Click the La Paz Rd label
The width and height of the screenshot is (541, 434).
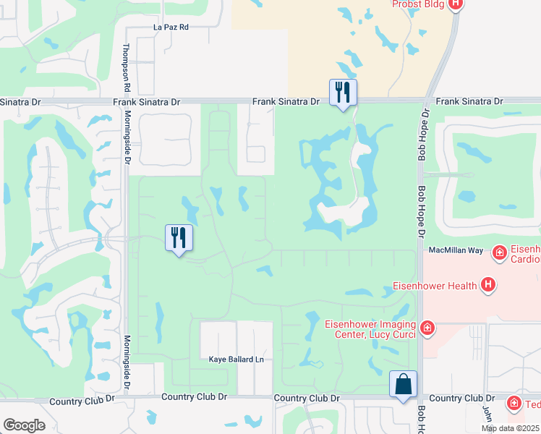tap(171, 27)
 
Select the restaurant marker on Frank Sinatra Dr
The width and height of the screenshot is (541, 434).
tap(343, 93)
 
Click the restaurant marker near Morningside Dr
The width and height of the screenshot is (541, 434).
tap(179, 238)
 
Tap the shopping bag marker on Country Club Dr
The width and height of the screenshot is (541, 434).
tap(403, 383)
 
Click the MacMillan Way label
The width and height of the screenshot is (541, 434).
tap(456, 250)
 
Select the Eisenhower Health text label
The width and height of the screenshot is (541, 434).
tap(435, 285)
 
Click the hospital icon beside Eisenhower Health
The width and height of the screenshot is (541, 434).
tap(489, 285)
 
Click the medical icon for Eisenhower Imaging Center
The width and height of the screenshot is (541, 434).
tap(427, 329)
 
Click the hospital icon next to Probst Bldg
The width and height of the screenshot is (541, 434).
tap(456, 4)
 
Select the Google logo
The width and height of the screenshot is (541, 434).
tap(24, 425)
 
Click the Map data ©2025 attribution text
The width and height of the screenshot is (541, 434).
tap(511, 428)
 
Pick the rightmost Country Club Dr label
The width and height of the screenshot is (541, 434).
tap(461, 399)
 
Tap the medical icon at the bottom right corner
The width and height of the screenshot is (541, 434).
tap(514, 402)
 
